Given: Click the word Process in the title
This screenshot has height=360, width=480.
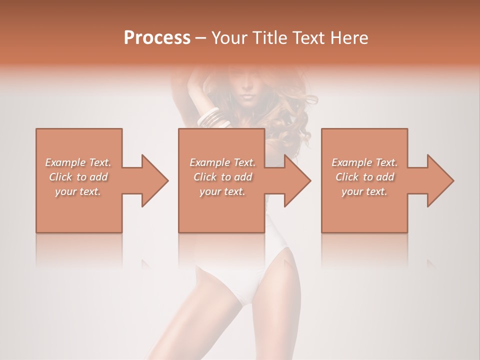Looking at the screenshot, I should point(157,38).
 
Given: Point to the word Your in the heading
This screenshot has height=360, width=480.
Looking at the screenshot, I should point(227,38).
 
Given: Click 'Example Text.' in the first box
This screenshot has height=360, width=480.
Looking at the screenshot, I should point(78,162).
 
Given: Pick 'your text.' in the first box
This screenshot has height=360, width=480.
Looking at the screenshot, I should point(78,191).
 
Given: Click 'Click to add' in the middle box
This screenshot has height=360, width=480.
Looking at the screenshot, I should point(222,177).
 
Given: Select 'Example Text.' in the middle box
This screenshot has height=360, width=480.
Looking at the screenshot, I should point(222,162).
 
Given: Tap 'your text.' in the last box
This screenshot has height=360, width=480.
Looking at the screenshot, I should point(364,191).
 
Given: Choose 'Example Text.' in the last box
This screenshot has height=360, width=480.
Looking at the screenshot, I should point(364,162).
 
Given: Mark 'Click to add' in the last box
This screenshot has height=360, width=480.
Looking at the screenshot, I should point(364,177).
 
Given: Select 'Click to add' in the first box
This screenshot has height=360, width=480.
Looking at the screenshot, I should point(78,177).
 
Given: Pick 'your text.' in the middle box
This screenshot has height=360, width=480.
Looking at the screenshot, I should point(222,191).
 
